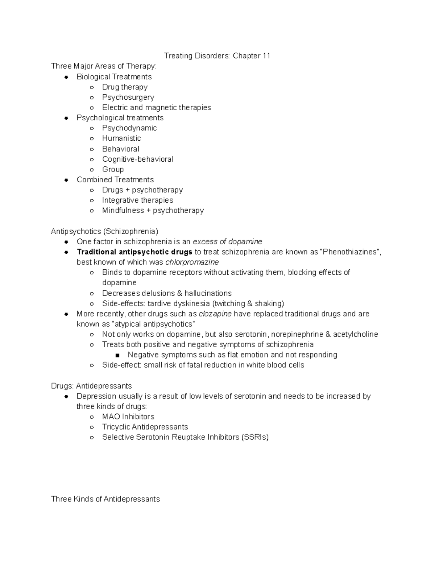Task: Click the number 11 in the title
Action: pyautogui.click(x=266, y=56)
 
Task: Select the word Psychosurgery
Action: pyautogui.click(x=128, y=97)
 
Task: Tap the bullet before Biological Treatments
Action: pyautogui.click(x=66, y=77)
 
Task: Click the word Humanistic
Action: pyautogui.click(x=121, y=138)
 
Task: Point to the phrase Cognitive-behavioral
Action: pyautogui.click(x=138, y=159)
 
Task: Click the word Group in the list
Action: pyautogui.click(x=113, y=169)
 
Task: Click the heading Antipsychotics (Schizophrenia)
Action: pyautogui.click(x=104, y=231)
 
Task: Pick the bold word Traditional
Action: pyautogui.click(x=96, y=252)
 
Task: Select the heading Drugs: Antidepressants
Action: pyautogui.click(x=91, y=386)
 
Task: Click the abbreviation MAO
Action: pyautogui.click(x=111, y=417)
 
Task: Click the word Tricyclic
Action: pyautogui.click(x=116, y=427)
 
